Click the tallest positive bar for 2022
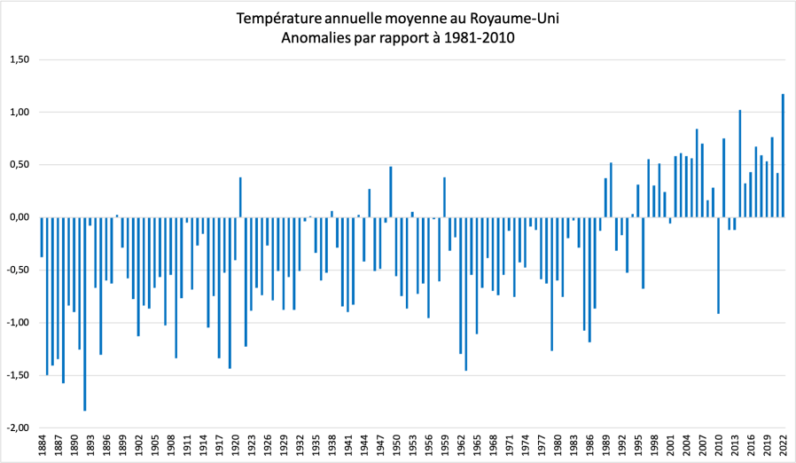[x=783, y=155]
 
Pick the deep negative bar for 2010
[x=718, y=265]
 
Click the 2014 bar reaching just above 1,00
[x=740, y=163]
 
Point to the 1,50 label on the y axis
[x=18, y=60]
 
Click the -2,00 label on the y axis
[x=17, y=428]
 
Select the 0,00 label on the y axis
[x=18, y=217]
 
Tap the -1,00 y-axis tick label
[x=17, y=323]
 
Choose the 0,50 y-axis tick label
[x=18, y=165]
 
